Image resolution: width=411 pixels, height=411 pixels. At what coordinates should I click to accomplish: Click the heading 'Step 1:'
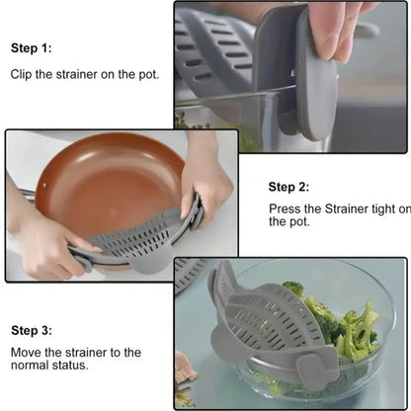(x=32, y=47)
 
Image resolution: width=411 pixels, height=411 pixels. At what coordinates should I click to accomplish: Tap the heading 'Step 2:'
(x=289, y=186)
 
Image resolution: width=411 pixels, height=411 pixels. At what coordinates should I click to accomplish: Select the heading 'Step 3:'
(x=32, y=330)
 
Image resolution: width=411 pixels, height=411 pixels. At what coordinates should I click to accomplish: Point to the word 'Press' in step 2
(x=287, y=209)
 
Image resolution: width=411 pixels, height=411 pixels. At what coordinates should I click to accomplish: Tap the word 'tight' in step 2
(x=376, y=209)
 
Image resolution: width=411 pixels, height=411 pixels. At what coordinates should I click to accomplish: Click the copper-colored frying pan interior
(x=104, y=178)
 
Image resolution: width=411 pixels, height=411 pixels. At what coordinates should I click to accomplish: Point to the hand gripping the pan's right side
(x=207, y=178)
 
